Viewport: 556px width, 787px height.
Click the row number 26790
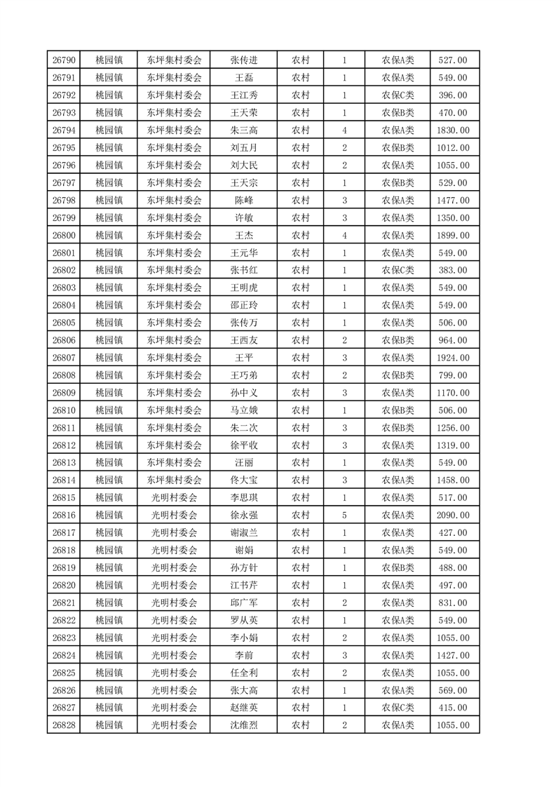(x=64, y=60)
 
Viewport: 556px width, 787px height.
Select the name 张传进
(x=243, y=60)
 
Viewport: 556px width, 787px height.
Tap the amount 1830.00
(x=453, y=130)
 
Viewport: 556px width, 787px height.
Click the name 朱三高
(x=243, y=130)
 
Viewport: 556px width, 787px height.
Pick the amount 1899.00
(x=453, y=235)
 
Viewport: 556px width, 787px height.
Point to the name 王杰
(x=243, y=235)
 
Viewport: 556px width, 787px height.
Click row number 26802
(x=64, y=270)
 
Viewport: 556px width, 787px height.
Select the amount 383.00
(x=453, y=270)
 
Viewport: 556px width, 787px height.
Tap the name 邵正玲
(x=243, y=305)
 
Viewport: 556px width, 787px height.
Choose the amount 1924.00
(x=453, y=358)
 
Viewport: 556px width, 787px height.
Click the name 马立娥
(x=243, y=410)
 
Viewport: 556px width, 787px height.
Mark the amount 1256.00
(x=453, y=428)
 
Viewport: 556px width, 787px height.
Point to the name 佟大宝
(x=243, y=480)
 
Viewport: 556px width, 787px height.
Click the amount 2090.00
(x=453, y=516)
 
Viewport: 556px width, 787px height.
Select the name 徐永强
(x=243, y=516)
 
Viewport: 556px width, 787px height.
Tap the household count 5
(x=344, y=516)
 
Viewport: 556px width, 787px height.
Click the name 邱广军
(x=243, y=603)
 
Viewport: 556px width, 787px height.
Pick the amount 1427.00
(x=453, y=655)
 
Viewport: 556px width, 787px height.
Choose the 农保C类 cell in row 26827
(x=398, y=708)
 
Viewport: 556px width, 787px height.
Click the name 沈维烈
(x=243, y=725)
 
